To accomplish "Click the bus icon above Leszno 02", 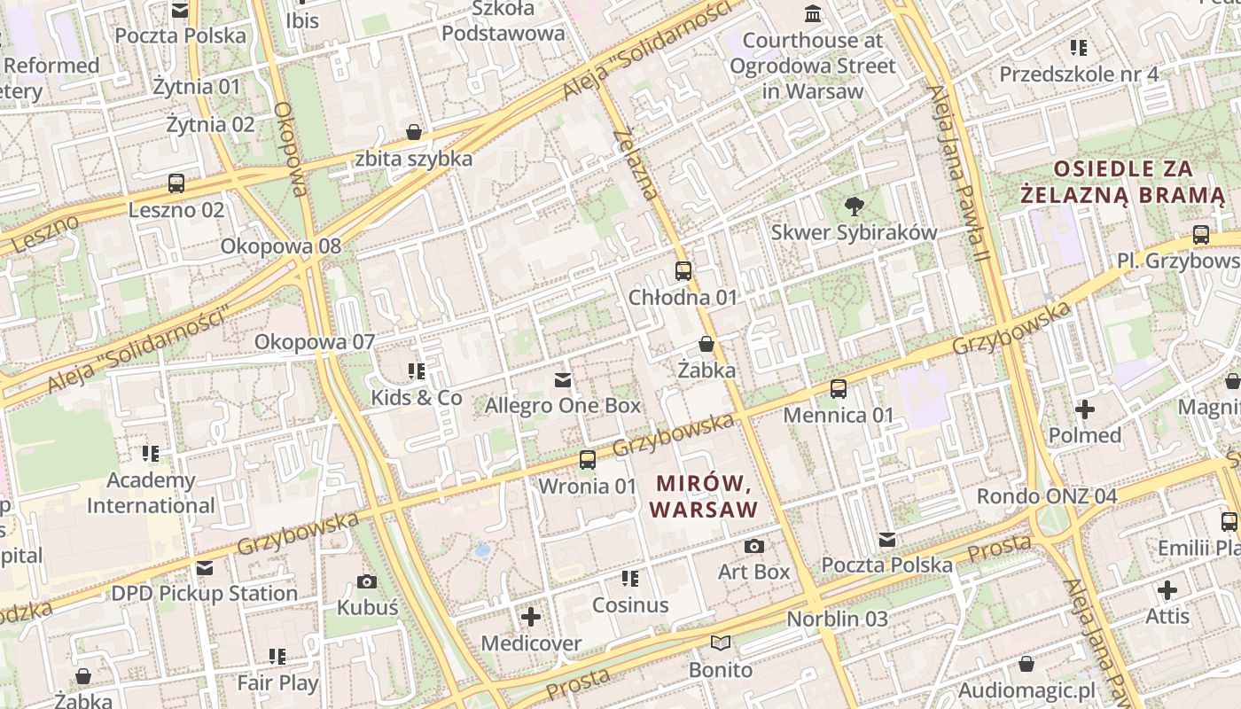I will click(x=176, y=183).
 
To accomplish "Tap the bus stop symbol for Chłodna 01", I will click(x=683, y=271).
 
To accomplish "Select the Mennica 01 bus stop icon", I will click(x=838, y=388).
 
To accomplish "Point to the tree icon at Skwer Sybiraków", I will click(x=854, y=206).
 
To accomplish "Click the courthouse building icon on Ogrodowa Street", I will click(x=812, y=13).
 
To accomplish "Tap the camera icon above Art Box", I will click(x=753, y=546).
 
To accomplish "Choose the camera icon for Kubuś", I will click(x=367, y=581).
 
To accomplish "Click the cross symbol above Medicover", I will click(x=530, y=616).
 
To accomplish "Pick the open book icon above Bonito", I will click(x=721, y=643).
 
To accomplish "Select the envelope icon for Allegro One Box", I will click(x=562, y=380).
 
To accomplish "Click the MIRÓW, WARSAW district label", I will click(x=705, y=496).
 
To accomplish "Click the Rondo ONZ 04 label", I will click(x=1046, y=495).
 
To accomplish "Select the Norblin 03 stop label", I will click(x=837, y=619).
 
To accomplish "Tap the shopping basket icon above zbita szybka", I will click(x=413, y=133).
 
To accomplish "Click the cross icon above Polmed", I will click(x=1084, y=409).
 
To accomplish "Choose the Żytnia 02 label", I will click(x=210, y=124).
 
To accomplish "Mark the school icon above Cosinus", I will click(x=629, y=579).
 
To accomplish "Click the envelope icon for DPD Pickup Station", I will click(x=205, y=567).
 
